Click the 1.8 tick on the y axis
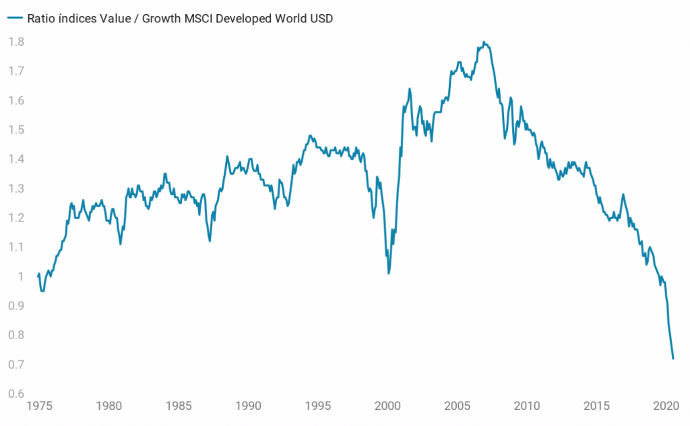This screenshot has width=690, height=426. (x=16, y=42)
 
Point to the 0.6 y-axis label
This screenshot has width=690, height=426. (x=16, y=394)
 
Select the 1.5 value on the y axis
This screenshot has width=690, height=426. (x=16, y=130)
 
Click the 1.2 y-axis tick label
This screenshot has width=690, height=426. (x=16, y=218)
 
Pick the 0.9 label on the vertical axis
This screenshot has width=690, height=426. (x=16, y=306)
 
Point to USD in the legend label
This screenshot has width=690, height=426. (x=321, y=19)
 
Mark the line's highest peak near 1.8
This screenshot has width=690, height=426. (x=484, y=42)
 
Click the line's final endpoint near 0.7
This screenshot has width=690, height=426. (x=672, y=359)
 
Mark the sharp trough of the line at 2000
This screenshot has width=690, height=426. (x=389, y=273)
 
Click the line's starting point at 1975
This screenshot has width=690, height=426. (x=38, y=277)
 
